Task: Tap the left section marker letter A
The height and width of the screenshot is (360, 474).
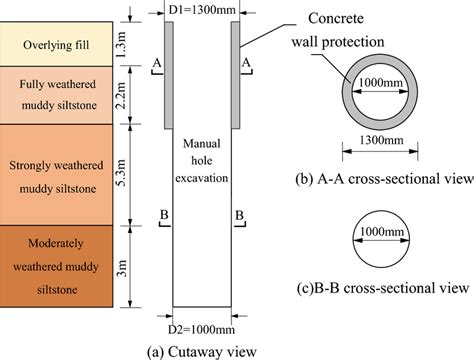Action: tap(154, 63)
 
